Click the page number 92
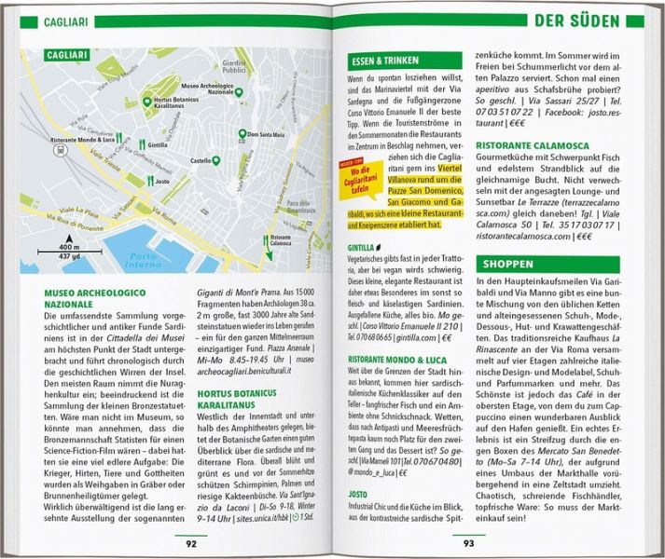pyautogui.click(x=190, y=544)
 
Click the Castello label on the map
pyautogui.click(x=200, y=160)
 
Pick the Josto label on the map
pyautogui.click(x=164, y=183)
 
